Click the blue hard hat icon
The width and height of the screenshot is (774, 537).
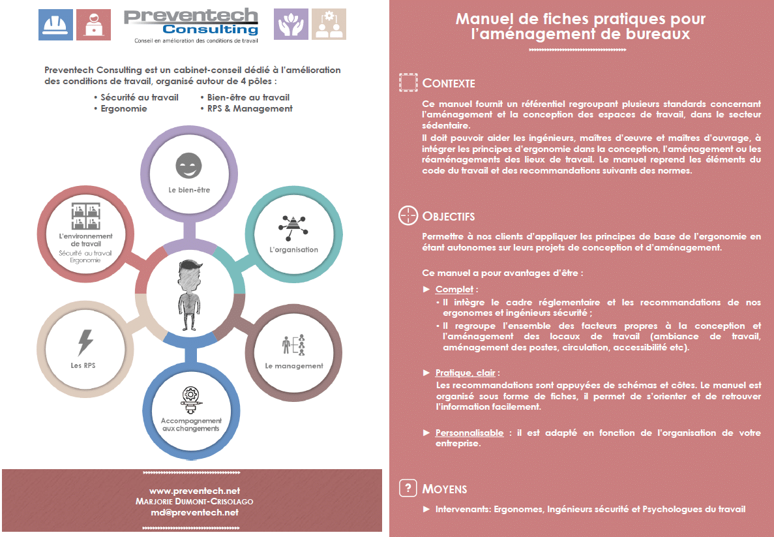[x=56, y=24]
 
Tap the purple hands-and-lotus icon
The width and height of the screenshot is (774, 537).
[x=291, y=24]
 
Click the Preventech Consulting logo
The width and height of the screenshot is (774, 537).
[x=191, y=25]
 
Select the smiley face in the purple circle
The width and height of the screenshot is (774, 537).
[x=188, y=165]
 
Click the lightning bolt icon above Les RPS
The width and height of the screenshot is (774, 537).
[x=85, y=343]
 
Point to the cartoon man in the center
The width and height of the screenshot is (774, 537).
[x=190, y=295]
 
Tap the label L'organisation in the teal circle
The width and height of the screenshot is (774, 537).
[x=293, y=249]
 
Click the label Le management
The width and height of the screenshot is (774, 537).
[x=294, y=366]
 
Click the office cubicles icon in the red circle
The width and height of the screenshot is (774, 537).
[x=86, y=216]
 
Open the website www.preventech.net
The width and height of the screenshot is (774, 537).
[x=194, y=491]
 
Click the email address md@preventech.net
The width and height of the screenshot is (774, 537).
[x=194, y=512]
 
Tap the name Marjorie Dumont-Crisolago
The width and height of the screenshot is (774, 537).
[x=194, y=501]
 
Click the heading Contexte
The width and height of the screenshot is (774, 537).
[x=449, y=83]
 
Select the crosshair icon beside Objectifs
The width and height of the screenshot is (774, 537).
[x=408, y=215]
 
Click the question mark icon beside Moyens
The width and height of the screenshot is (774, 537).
[x=408, y=488]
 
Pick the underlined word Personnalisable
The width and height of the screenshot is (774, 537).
[x=469, y=433]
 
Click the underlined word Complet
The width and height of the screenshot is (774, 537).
[x=454, y=290]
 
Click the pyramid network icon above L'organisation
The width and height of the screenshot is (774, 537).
[x=293, y=227]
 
